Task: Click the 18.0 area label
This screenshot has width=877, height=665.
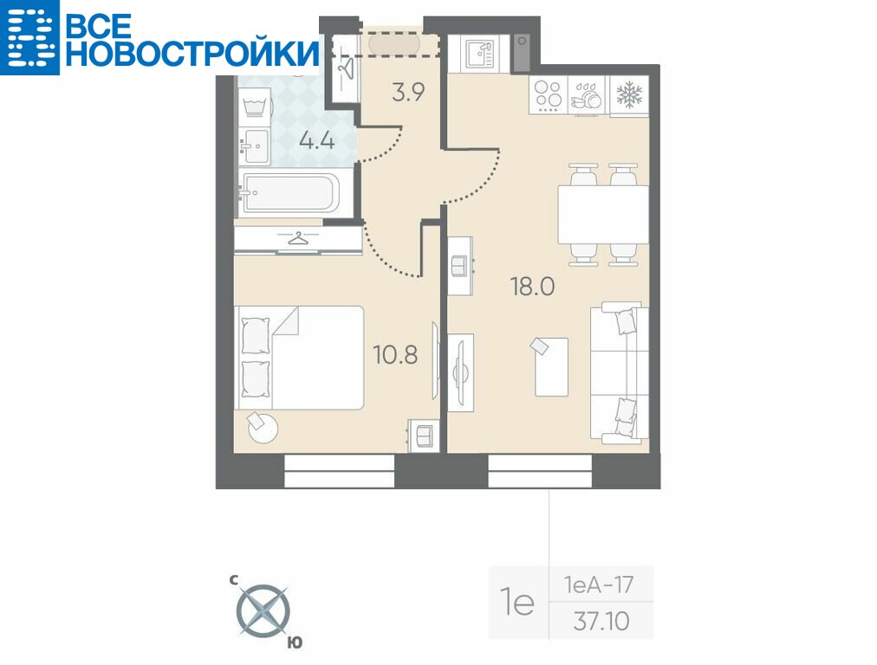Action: [532, 287]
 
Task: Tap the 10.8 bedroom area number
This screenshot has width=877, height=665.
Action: [395, 354]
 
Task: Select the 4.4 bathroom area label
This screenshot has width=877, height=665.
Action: [317, 140]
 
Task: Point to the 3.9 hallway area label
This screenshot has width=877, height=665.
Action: [409, 92]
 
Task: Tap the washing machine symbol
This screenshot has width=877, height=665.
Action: [255, 103]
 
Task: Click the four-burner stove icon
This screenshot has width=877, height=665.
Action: [548, 94]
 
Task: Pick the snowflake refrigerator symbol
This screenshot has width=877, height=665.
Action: [629, 94]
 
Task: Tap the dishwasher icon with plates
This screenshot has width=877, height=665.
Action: [588, 96]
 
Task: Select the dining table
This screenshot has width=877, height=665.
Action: [603, 215]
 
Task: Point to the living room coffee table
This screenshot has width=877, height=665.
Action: [551, 366]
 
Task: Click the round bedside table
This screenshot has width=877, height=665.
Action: [263, 428]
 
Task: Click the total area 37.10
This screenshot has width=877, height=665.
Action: [601, 621]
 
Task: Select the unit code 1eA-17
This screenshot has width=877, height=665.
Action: [599, 585]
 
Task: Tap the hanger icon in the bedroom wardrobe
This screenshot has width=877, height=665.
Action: [299, 239]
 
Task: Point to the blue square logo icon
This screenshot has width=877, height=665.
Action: [29, 37]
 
